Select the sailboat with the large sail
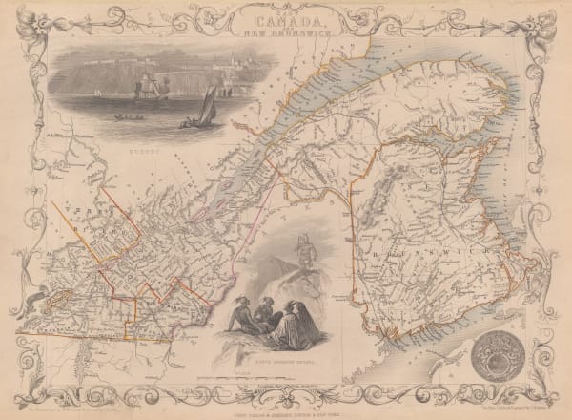click(207, 108)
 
